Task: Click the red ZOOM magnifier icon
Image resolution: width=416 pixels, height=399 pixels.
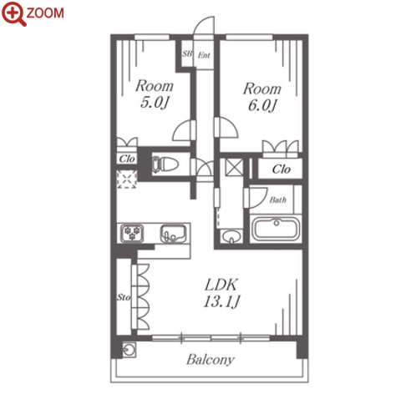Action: [x=13, y=13]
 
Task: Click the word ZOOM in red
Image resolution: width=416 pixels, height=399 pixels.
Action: [x=45, y=13]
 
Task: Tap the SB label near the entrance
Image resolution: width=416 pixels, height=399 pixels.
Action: [x=187, y=53]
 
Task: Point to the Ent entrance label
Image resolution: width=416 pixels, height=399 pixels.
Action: [x=204, y=55]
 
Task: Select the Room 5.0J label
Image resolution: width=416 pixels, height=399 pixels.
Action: [x=155, y=94]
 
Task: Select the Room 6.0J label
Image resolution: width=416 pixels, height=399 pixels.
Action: [x=262, y=97]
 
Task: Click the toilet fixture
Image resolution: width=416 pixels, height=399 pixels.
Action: [x=165, y=164]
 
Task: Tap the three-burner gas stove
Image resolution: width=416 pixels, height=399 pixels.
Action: [x=132, y=233]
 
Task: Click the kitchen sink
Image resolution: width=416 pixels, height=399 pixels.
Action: [x=173, y=233]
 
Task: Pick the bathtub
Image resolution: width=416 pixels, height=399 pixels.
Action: [x=276, y=229]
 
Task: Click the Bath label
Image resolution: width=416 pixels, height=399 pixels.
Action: [x=277, y=199]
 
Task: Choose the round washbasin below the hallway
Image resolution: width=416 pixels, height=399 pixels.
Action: [x=231, y=236]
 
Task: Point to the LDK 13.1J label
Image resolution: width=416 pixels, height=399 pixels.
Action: [x=221, y=293]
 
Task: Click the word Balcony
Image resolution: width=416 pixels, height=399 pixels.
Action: [x=211, y=360]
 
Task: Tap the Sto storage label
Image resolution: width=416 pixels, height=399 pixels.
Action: [x=124, y=297]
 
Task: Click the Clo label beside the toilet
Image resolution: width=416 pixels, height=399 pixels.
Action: [x=127, y=159]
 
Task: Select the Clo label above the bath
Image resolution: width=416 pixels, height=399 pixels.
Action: [x=282, y=169]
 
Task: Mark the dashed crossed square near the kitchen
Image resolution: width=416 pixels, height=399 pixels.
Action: [x=127, y=179]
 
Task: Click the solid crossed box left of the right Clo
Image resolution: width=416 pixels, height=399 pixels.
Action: [x=234, y=167]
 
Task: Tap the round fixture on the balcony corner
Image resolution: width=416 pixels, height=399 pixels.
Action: [x=129, y=350]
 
